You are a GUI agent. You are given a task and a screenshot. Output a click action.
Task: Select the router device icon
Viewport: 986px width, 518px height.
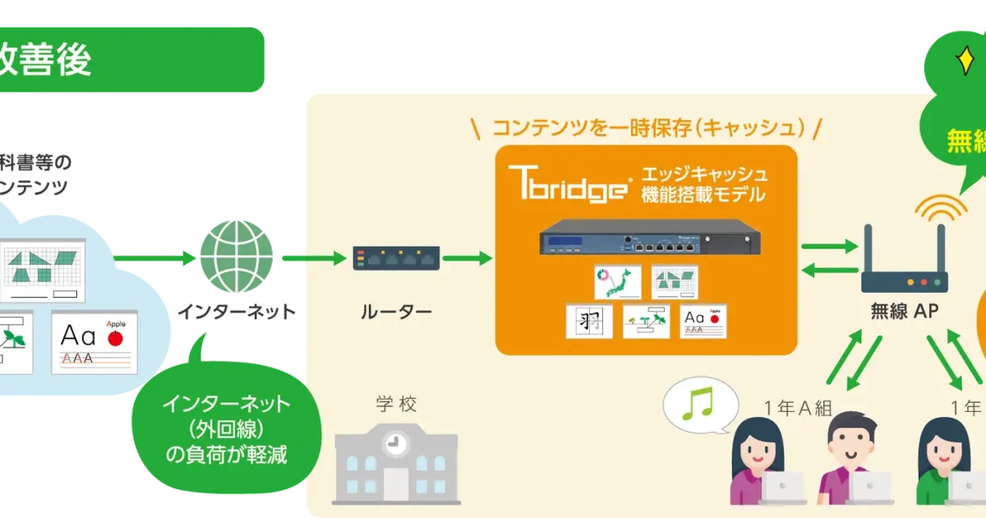point(396,258)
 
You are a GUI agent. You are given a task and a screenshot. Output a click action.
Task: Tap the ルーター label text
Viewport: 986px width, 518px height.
point(396,312)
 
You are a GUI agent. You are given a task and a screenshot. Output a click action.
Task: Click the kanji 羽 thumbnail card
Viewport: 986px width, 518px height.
point(590,321)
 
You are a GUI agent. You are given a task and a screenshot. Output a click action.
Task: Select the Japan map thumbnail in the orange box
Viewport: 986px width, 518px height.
point(617,281)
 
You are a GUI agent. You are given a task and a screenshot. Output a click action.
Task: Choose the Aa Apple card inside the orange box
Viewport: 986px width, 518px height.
point(703,321)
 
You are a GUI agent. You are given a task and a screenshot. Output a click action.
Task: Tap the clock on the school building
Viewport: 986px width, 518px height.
point(396,442)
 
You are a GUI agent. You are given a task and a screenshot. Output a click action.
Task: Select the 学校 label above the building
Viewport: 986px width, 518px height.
point(397,405)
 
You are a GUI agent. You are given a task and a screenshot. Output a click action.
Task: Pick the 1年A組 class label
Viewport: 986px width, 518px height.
point(798,408)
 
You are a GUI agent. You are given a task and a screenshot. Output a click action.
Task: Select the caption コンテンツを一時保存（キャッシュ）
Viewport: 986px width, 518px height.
point(646,127)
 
